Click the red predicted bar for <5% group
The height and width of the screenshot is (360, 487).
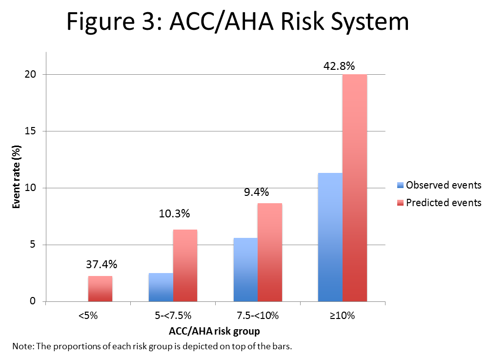(100, 289)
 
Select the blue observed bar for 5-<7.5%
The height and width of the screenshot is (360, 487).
(161, 287)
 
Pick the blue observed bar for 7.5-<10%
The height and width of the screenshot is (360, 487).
(245, 270)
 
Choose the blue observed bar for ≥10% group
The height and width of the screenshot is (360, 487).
(330, 237)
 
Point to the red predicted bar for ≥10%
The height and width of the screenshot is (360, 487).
(354, 188)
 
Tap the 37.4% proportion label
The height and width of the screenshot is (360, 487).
(101, 265)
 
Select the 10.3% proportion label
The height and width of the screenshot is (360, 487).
(174, 213)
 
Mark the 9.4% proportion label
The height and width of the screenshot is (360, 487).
(257, 192)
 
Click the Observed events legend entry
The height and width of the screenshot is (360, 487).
(439, 185)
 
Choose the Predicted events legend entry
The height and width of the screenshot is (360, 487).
(439, 202)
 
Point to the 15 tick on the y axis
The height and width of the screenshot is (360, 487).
(31, 131)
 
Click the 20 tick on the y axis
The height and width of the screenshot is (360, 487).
(31, 75)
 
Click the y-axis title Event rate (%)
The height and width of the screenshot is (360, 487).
(16, 176)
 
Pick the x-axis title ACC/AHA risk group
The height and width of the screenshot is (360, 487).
(214, 331)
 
